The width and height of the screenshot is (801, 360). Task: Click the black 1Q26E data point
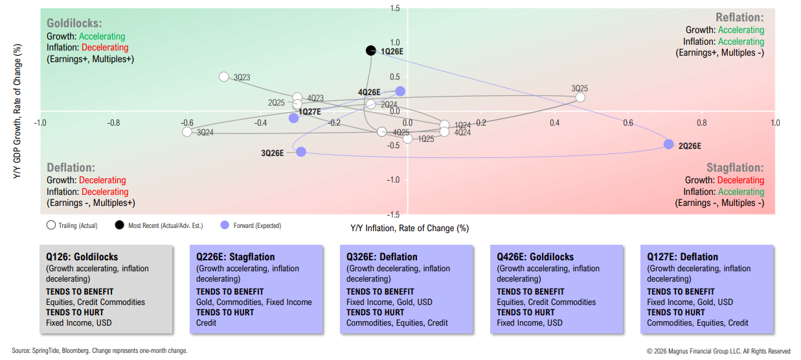370,51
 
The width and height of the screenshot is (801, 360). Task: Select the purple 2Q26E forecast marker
669,144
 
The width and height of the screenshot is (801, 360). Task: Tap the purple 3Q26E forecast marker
301,152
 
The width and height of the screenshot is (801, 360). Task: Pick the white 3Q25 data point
580,97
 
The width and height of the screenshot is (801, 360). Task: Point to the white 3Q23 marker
224,76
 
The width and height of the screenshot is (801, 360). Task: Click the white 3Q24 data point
187,131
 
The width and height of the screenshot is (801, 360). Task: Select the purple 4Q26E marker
400,91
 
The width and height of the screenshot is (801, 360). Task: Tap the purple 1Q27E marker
294,118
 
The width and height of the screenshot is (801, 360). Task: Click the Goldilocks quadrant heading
74,23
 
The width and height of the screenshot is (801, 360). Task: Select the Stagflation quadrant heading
735,168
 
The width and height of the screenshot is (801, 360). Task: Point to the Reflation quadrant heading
739,17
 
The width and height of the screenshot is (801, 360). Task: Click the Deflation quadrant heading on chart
71,168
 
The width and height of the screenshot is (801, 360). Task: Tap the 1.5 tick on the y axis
394,8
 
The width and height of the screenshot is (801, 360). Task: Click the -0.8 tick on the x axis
113,122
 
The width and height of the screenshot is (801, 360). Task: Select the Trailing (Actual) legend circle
51,225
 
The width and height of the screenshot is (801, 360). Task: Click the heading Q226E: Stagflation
236,256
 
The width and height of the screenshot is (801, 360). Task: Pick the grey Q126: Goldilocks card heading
82,256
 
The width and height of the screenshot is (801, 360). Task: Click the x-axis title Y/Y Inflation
409,228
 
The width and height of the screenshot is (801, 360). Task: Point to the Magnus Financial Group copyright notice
718,351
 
